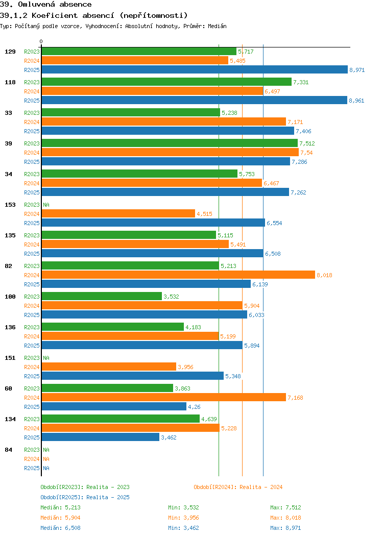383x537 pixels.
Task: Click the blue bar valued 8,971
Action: pos(194,70)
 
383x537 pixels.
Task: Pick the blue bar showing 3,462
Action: pos(100,437)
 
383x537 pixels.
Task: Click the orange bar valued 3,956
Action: pos(108,367)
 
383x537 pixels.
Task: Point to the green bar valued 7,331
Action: pos(166,82)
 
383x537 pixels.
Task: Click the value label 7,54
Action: pos(306,153)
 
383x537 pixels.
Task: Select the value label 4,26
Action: pos(194,407)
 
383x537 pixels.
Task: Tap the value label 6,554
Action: pos(274,223)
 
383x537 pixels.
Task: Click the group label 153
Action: pos(10,205)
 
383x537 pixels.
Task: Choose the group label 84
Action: pos(8,450)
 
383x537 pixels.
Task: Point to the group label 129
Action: pos(10,52)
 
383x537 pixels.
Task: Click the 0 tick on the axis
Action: pos(41,41)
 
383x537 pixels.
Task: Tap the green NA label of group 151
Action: pos(46,358)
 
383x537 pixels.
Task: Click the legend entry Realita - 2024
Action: pos(238,487)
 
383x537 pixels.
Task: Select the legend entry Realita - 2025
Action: pos(85,497)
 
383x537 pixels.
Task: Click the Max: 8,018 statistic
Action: pos(285,518)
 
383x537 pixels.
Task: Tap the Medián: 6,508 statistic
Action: pos(60,528)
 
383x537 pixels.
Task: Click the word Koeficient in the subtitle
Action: pos(52,15)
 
